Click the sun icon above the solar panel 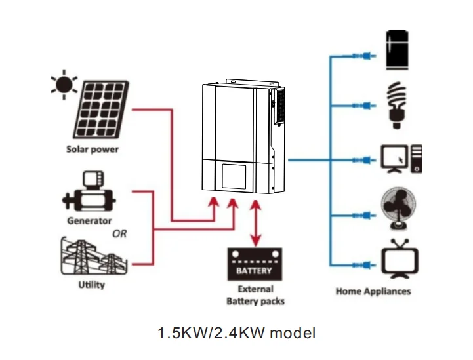64,85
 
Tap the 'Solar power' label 93,149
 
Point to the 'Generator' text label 89,221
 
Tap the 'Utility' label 90,285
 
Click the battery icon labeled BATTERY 254,264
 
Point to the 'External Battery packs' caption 255,295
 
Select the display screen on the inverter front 234,174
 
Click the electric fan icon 398,209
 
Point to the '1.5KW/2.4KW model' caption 237,334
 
